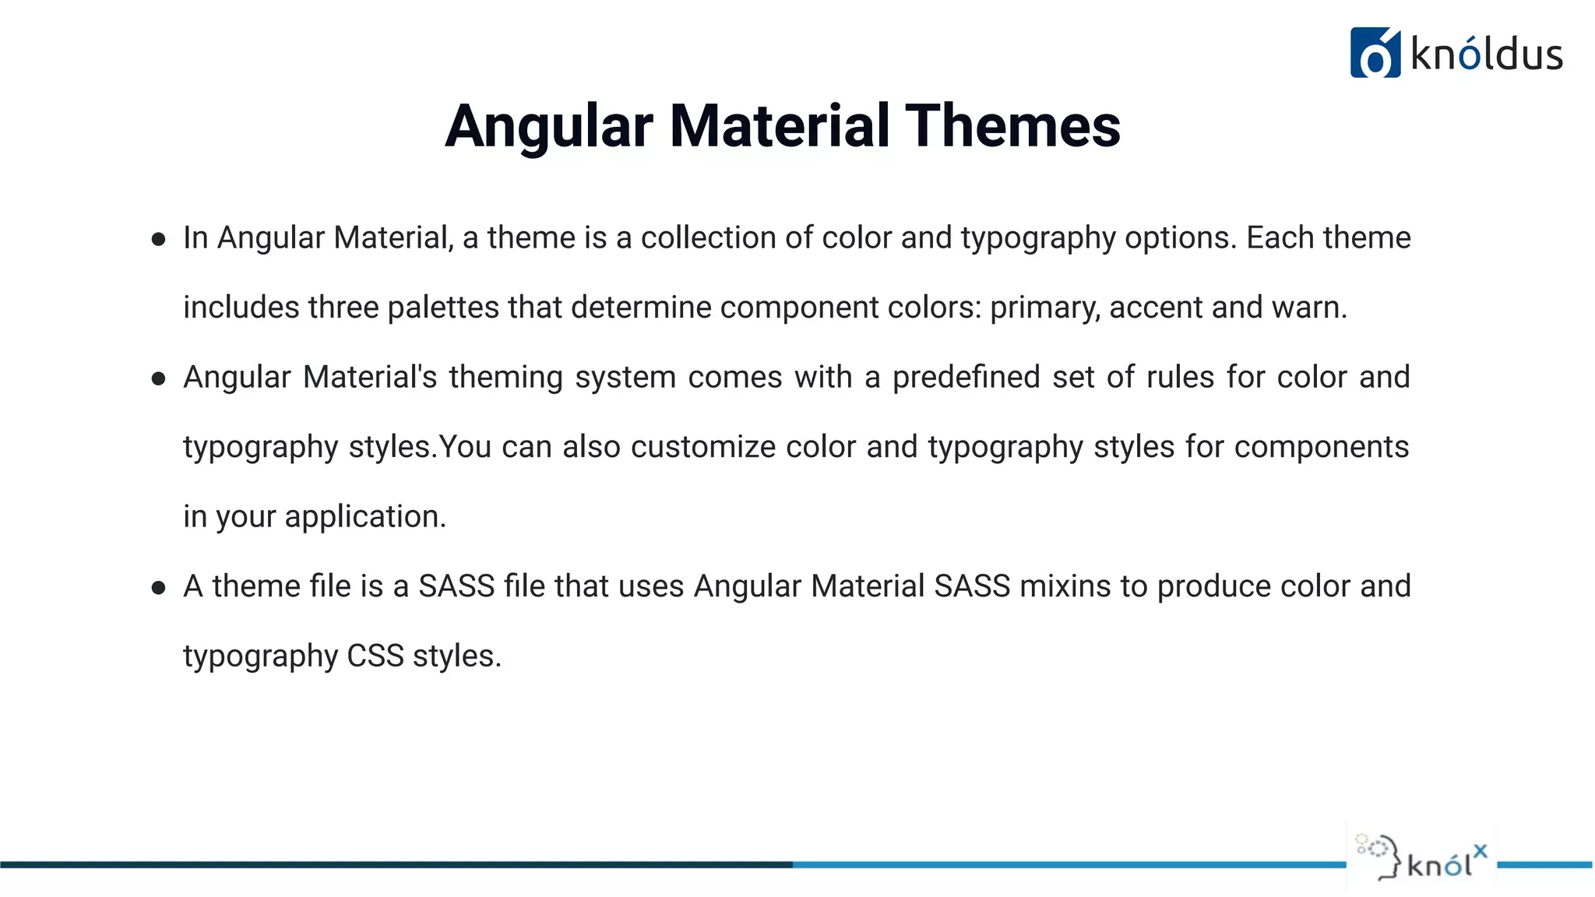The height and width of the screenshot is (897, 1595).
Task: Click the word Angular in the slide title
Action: (549, 126)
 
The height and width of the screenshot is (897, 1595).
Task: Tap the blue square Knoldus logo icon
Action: (1375, 53)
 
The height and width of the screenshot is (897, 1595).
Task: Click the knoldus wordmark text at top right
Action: (1486, 55)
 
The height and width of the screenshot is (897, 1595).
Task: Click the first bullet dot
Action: (159, 239)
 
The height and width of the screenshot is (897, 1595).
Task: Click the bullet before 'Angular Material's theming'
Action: (159, 378)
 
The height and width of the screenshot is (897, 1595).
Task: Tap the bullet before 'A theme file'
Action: (159, 588)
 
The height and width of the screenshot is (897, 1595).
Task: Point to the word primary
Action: (1044, 308)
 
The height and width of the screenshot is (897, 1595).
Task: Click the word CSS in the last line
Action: (375, 656)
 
